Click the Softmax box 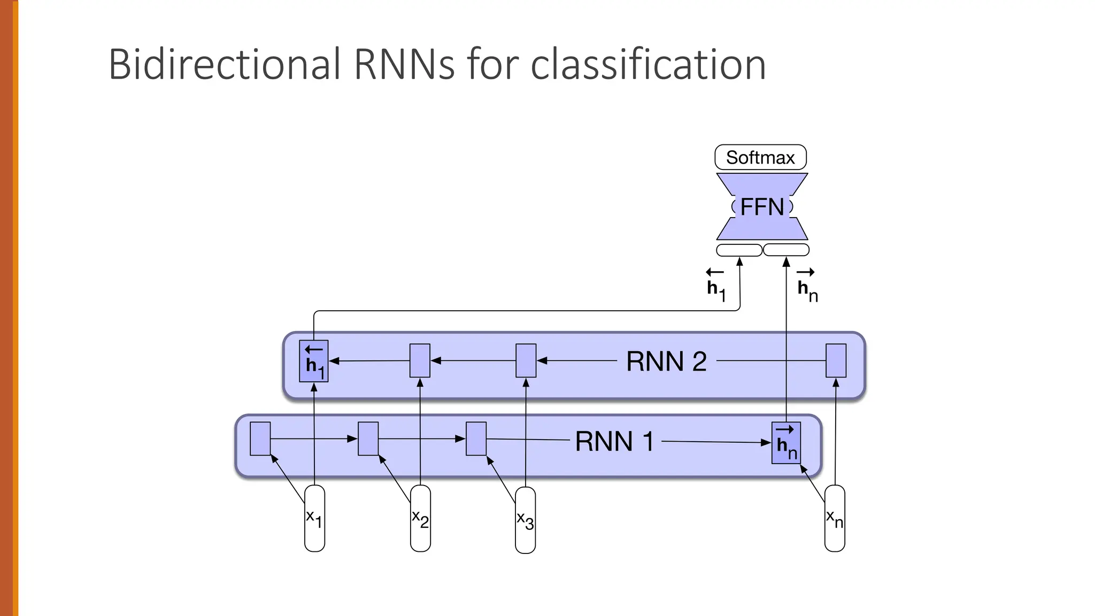pos(760,157)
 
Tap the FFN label pos(762,207)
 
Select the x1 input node pos(314,518)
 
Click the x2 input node pos(420,518)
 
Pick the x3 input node pos(525,519)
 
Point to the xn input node pos(835,518)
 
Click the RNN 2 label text pos(666,361)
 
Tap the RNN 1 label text pos(614,442)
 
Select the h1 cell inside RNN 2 pos(314,361)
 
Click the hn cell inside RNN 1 pos(786,443)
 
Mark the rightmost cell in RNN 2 pos(836,360)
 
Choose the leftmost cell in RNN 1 pos(260,438)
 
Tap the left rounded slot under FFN pos(739,250)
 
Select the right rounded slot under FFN pos(786,250)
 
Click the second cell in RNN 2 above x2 pos(420,360)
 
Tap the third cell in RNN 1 pos(476,438)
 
